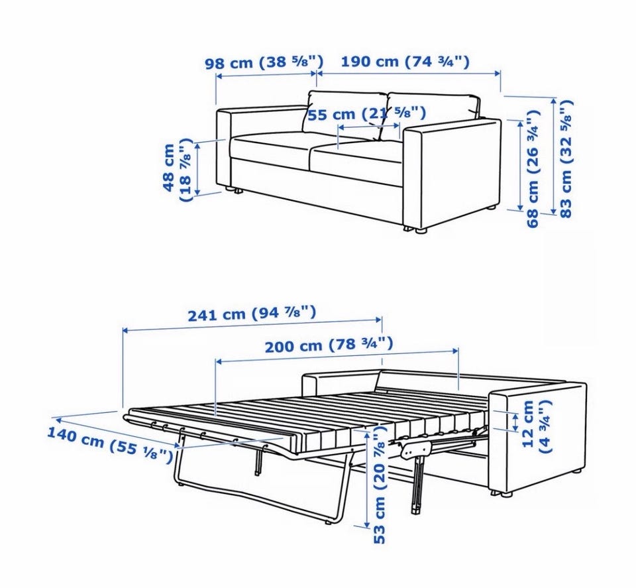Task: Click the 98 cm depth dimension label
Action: tap(264, 62)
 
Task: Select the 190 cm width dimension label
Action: tap(405, 62)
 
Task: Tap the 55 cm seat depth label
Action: tap(366, 113)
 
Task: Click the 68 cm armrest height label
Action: tap(532, 168)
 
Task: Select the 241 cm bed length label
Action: tap(252, 314)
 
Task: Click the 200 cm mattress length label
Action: tap(329, 345)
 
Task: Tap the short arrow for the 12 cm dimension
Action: tap(515, 422)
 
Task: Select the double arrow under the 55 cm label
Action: tap(369, 127)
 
